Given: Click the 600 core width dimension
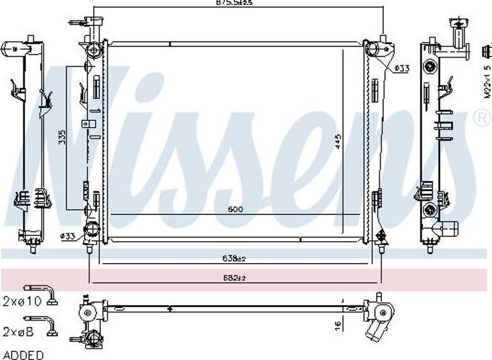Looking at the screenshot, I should (236, 210).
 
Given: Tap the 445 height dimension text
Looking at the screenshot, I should (338, 141).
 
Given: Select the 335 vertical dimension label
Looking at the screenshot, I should (61, 137).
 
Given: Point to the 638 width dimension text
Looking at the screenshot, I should (234, 259).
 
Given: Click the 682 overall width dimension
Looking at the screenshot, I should (234, 278).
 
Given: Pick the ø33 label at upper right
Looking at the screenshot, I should (401, 69).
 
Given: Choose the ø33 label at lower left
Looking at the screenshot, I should (68, 236).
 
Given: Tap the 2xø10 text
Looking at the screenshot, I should (23, 301).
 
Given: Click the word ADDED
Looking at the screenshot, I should (23, 355).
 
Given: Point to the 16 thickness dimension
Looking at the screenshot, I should (338, 325).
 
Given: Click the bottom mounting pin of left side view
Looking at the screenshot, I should (33, 249).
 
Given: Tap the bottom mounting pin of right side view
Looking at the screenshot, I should (430, 248).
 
